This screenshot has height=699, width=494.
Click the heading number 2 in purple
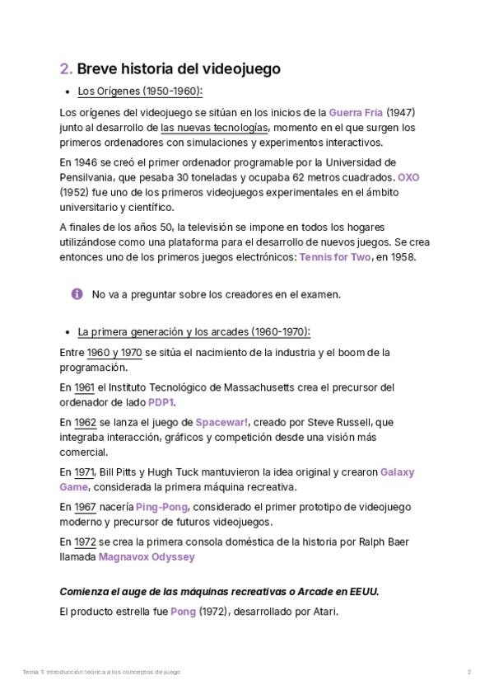point(65,69)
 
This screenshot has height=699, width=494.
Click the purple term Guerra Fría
point(356,112)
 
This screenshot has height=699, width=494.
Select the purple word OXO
point(408,177)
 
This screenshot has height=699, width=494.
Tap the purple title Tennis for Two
point(335,257)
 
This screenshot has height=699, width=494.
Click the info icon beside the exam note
point(77,293)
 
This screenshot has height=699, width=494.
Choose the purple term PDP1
point(161,402)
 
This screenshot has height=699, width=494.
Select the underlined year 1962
point(86,422)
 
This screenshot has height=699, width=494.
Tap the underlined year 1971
point(84,472)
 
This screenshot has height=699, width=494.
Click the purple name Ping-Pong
point(162,507)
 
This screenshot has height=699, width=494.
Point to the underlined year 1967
point(86,507)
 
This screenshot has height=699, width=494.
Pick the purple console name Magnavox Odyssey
point(147,557)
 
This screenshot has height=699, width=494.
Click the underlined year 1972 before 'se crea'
point(86,542)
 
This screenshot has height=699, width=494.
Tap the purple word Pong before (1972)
point(183,612)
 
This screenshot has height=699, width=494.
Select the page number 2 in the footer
point(468,673)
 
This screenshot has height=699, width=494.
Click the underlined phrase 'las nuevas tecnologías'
point(214,128)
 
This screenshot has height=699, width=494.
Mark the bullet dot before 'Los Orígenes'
point(66,92)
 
